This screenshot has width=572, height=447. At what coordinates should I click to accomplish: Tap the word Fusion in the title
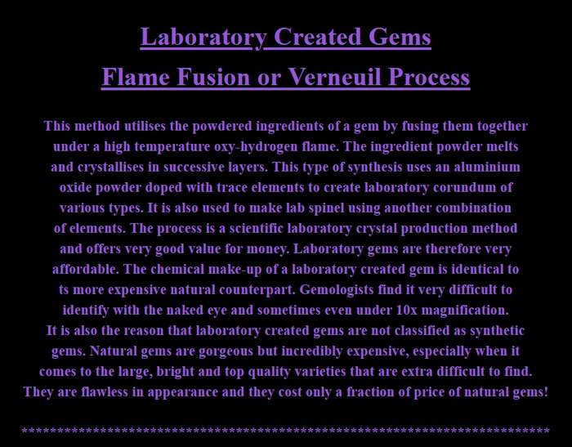212,77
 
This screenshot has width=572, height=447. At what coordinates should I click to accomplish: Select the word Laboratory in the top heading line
203,37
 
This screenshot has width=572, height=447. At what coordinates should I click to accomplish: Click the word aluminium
487,167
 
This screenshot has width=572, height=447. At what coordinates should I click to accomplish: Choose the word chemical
177,269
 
